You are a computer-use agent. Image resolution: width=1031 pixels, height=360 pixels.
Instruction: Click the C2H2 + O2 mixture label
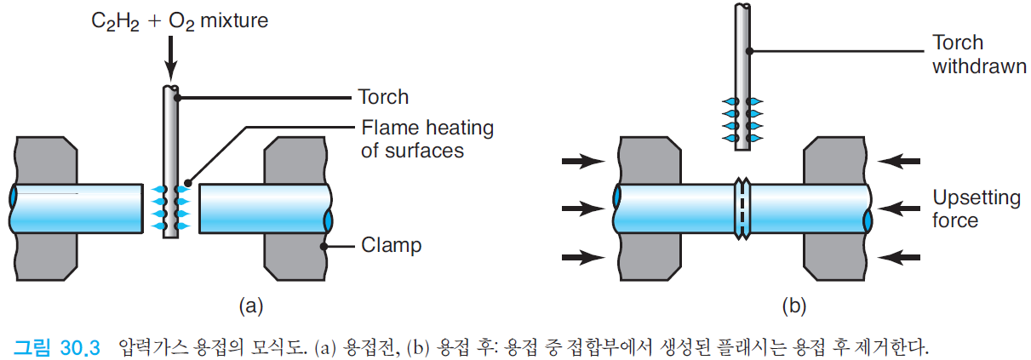coord(179,20)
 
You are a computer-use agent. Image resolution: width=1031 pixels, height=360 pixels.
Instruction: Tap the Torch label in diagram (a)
coord(385,97)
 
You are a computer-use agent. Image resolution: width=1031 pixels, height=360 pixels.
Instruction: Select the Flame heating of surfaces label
coord(426,140)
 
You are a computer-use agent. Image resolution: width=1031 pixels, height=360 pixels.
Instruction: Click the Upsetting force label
coord(977,209)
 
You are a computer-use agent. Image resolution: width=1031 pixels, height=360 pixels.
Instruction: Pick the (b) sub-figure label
coord(793,304)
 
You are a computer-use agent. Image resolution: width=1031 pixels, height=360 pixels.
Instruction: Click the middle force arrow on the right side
coord(901,207)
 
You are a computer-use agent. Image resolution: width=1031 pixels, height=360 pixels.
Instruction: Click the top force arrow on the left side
coord(581,159)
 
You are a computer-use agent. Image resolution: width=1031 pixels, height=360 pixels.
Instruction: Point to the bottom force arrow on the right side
coord(901,254)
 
